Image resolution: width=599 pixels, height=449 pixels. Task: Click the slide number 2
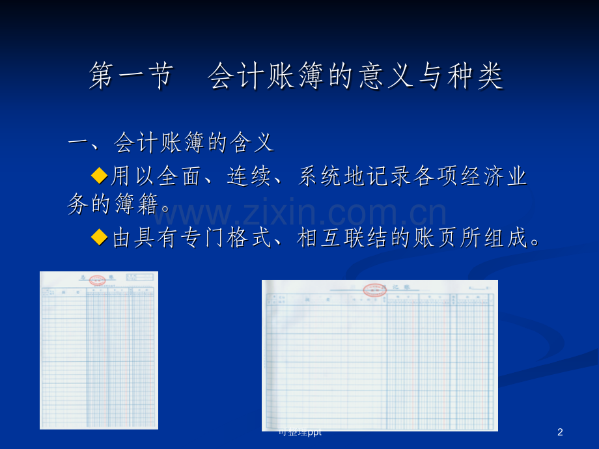[560, 432]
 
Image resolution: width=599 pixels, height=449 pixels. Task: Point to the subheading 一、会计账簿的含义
[171, 143]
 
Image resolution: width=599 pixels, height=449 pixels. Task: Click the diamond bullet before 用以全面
[99, 174]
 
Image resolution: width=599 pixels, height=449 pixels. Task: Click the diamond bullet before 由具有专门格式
[99, 237]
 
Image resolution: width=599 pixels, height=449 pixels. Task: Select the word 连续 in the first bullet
[250, 176]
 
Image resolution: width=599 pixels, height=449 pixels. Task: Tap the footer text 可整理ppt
[300, 432]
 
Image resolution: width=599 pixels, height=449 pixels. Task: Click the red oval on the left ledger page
[97, 280]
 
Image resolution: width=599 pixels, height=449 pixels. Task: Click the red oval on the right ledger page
[375, 290]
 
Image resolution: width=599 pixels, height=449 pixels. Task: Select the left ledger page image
[99, 350]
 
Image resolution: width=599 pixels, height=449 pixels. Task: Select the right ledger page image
[380, 355]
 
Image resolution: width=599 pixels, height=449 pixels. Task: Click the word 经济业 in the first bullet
[491, 176]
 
